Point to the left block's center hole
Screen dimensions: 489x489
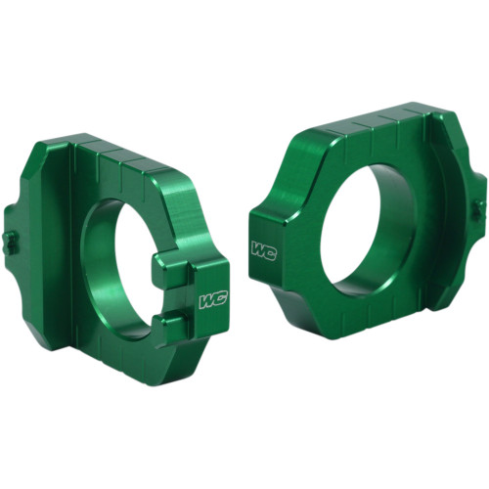pyautogui.click(x=117, y=264)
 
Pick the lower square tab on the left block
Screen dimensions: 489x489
pyautogui.click(x=168, y=326)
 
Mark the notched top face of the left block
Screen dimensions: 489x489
pyautogui.click(x=137, y=156)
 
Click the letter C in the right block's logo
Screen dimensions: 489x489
pyautogui.click(x=270, y=248)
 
